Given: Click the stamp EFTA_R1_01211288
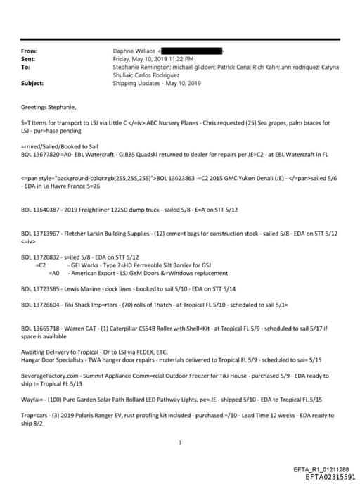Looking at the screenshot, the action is click(x=321, y=469).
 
